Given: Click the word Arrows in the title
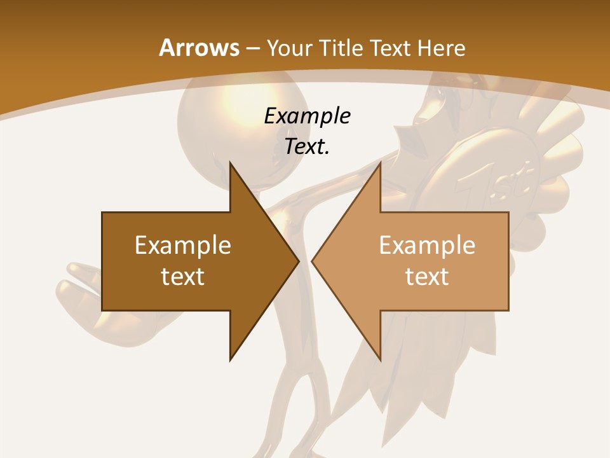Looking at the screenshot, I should [198, 48].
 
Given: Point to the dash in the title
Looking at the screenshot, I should [252, 48].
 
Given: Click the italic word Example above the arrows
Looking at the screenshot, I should [307, 116].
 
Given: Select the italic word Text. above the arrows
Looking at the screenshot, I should [307, 147].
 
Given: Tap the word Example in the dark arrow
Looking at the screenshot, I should [183, 245].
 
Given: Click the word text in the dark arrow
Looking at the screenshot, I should [183, 276].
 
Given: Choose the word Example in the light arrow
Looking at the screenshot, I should [427, 245].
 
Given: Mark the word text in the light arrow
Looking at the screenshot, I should [427, 276].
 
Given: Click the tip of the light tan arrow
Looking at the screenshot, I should [314, 261].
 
